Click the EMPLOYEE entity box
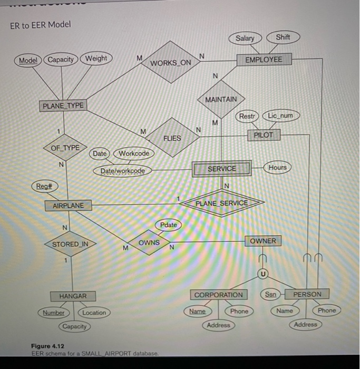263,60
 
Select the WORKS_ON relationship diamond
171,63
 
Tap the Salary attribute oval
245,38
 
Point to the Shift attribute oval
283,37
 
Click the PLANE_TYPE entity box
63,105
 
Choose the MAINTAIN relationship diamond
221,99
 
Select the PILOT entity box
264,135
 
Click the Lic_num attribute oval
283,115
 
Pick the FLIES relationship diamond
172,138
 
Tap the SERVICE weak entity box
222,169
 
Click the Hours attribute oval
277,168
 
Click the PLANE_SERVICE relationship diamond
221,203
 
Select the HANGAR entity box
73,296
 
